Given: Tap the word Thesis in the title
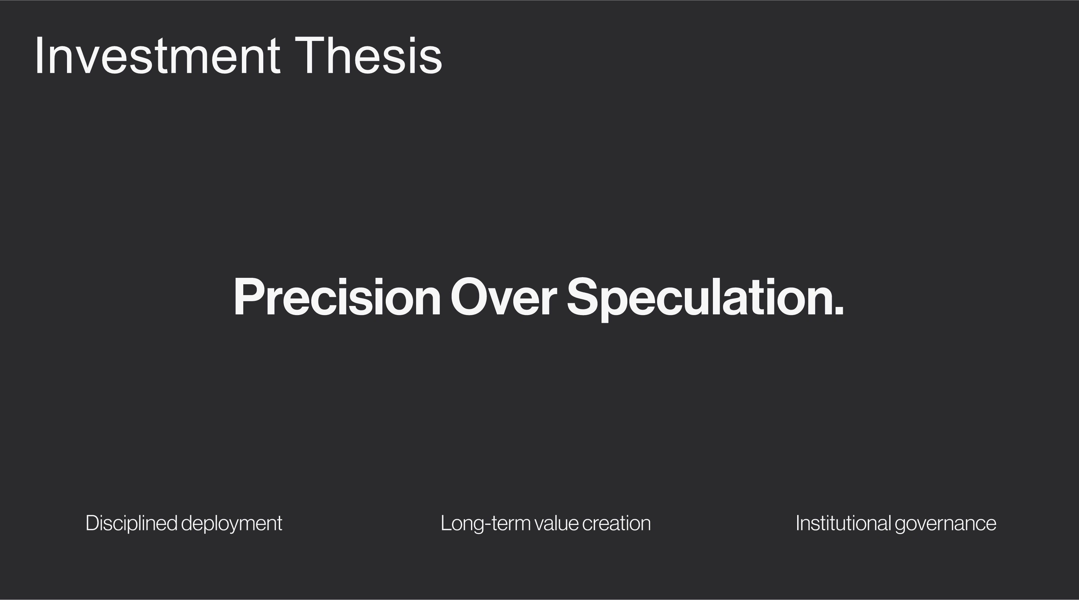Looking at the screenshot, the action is pyautogui.click(x=368, y=56).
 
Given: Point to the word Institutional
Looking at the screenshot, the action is pyautogui.click(x=843, y=523).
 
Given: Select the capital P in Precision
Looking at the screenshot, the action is pyautogui.click(x=249, y=297).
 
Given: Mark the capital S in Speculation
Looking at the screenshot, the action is pyautogui.click(x=583, y=297).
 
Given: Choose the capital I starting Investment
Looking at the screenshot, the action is pyautogui.click(x=39, y=56).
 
